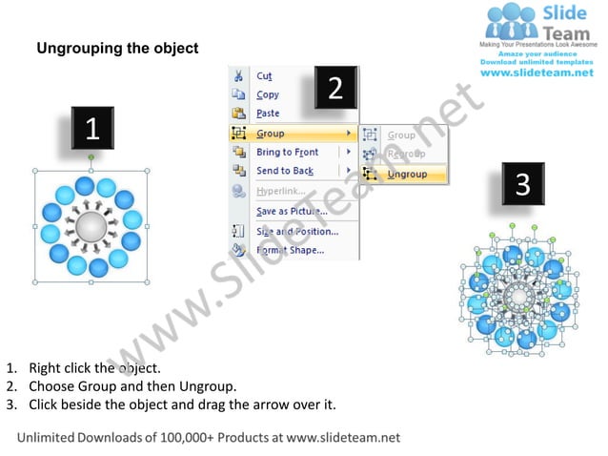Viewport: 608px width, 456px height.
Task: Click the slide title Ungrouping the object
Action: coord(117,48)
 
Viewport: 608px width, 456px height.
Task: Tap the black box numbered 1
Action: coord(91,128)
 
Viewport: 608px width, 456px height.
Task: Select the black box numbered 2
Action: coord(335,89)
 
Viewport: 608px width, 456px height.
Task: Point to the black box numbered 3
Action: coord(522,185)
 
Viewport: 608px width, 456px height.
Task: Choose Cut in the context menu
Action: coord(264,76)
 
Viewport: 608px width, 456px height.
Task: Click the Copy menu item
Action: coord(268,95)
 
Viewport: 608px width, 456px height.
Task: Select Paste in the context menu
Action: coord(268,114)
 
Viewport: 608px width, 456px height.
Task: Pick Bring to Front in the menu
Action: coord(287,153)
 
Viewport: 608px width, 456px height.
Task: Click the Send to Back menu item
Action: coord(284,171)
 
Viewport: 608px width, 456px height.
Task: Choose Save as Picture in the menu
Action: coord(292,211)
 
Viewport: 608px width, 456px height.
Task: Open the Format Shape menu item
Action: coord(290,251)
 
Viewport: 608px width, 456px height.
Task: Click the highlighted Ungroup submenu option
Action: coord(408,175)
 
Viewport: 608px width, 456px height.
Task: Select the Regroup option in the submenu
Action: coord(406,155)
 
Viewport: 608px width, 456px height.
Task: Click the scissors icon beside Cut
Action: coord(238,76)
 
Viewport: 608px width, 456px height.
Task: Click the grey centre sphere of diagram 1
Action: coord(91,227)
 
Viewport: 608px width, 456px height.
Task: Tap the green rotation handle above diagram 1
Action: coord(91,155)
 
